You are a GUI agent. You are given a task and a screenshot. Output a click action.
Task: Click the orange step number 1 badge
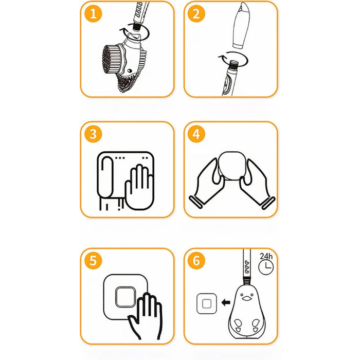point(93,14)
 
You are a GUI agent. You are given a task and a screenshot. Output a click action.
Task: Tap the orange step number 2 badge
point(196,14)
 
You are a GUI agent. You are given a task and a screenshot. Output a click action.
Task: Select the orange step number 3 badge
point(93,135)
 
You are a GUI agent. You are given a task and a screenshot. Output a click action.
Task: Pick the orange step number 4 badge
point(196,135)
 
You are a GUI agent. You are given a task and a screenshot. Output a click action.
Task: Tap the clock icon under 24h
point(266,267)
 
